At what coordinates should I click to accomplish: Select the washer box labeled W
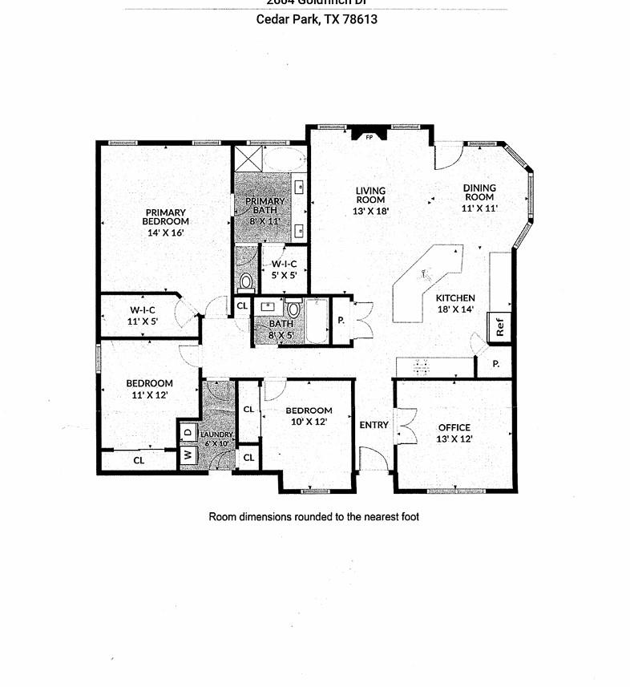tap(188, 455)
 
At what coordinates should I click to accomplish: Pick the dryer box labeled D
tap(188, 433)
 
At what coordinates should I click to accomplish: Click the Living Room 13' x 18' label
tap(370, 200)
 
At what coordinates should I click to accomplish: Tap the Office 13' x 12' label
tap(454, 433)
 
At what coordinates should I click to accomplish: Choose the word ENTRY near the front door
tap(374, 425)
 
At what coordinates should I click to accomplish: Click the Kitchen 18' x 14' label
tap(455, 303)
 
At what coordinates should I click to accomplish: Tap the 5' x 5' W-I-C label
tap(284, 269)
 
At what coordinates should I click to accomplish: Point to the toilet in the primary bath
tap(246, 281)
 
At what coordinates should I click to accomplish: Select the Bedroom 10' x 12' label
tap(309, 416)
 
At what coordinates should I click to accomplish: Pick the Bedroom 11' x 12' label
tap(149, 388)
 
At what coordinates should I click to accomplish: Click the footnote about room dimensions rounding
tap(313, 517)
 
